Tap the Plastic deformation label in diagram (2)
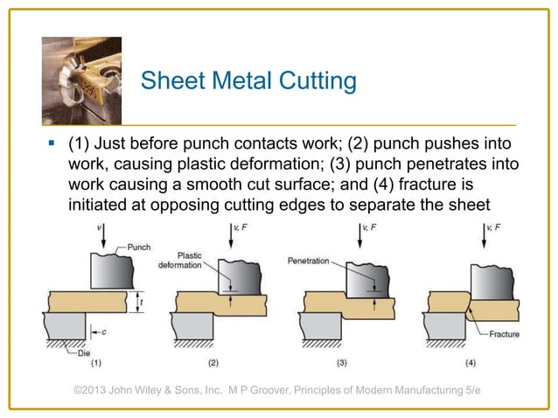click(x=179, y=260)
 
